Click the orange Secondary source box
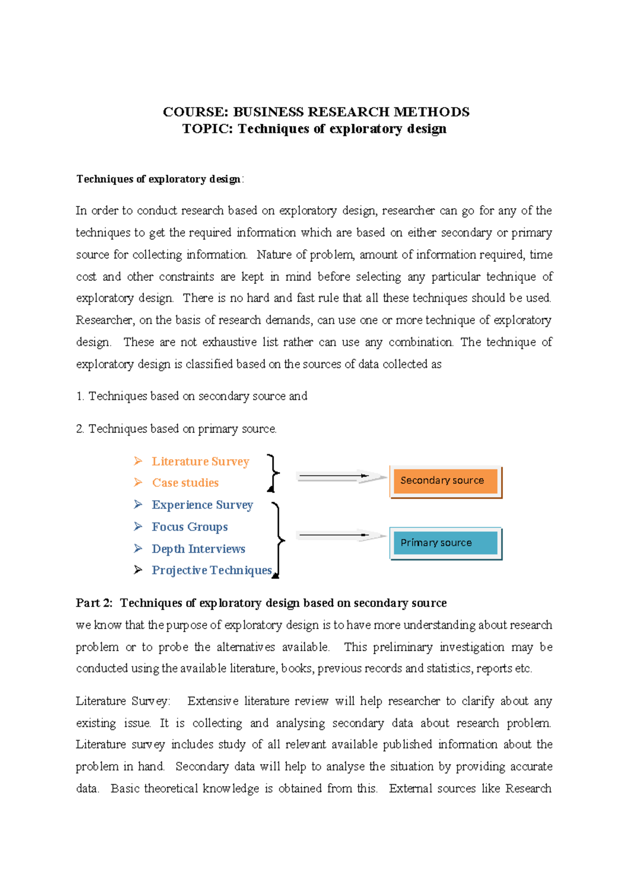click(445, 481)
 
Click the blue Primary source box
click(445, 543)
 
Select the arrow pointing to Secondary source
click(341, 477)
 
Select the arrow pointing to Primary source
click(341, 536)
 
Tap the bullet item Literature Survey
click(200, 461)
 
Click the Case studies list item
click(185, 483)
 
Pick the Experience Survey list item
click(202, 505)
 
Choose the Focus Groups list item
click(190, 527)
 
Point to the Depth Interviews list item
click(198, 549)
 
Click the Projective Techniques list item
click(212, 570)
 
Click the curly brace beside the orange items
click(273, 473)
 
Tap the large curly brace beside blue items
click(278, 540)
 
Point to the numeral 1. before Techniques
click(80, 396)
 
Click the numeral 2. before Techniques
click(80, 429)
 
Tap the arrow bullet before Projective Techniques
click(138, 570)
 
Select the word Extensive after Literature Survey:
click(213, 701)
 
